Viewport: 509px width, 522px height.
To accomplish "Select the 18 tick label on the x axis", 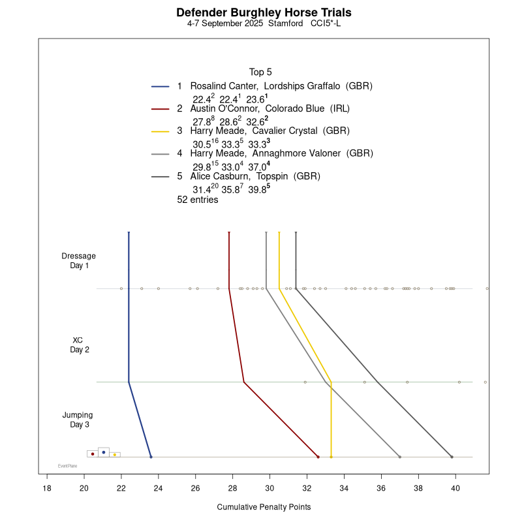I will click(47, 488).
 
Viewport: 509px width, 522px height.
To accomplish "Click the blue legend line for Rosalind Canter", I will click(161, 86).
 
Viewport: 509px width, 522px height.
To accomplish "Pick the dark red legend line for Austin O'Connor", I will click(161, 109).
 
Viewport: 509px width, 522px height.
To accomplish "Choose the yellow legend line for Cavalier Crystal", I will click(161, 131).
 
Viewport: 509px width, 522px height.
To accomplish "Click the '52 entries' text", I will click(198, 200).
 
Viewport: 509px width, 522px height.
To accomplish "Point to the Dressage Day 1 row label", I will click(79, 260).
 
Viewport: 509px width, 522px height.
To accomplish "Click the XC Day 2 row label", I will click(79, 345).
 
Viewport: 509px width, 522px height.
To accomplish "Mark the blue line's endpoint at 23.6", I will click(151, 457).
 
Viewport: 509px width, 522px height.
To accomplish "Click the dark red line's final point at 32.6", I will click(318, 457).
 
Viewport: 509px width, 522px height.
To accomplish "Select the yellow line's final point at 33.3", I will click(331, 457).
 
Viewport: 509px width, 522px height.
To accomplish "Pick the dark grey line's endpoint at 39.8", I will click(452, 457).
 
